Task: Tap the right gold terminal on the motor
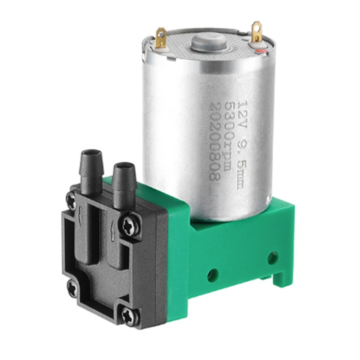pyautogui.click(x=256, y=32)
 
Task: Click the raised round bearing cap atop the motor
pyautogui.click(x=208, y=42)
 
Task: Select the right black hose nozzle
pyautogui.click(x=123, y=182)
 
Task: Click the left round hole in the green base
pyautogui.click(x=213, y=274)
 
